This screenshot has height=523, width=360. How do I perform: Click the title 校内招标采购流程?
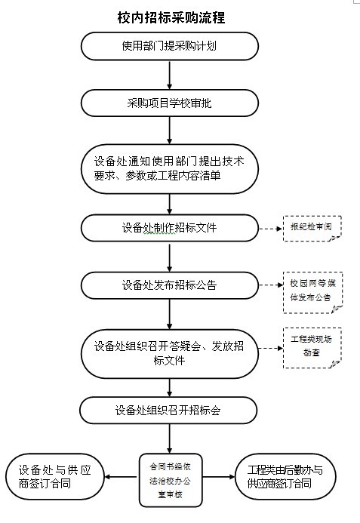(171, 17)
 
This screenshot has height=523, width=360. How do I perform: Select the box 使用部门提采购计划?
(170, 46)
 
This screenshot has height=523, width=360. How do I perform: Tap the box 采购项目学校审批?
(170, 103)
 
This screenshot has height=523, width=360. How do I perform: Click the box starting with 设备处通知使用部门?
(170, 169)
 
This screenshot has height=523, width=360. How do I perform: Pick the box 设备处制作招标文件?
(170, 228)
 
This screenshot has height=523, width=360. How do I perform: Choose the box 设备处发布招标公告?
(170, 285)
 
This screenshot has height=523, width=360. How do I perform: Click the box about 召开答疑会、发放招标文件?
(170, 353)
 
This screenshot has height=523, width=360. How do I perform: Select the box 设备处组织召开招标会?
(168, 411)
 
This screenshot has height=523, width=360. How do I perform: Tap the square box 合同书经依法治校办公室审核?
(171, 480)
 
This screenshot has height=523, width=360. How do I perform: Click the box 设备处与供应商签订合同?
(55, 477)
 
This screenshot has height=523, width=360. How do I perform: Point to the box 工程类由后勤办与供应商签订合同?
(285, 477)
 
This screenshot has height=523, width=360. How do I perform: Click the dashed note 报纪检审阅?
(312, 228)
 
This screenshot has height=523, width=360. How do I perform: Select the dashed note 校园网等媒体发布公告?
(312, 293)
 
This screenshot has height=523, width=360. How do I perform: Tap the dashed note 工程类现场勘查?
(312, 348)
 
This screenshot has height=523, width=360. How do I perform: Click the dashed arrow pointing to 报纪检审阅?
(271, 229)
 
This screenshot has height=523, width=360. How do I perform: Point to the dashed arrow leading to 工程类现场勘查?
(271, 348)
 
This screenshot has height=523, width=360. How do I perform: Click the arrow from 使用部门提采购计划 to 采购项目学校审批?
(170, 75)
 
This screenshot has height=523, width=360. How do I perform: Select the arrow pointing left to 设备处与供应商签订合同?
(122, 477)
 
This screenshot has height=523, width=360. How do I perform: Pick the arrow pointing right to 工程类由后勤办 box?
(219, 477)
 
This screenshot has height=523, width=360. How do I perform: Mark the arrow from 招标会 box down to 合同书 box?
(170, 438)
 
